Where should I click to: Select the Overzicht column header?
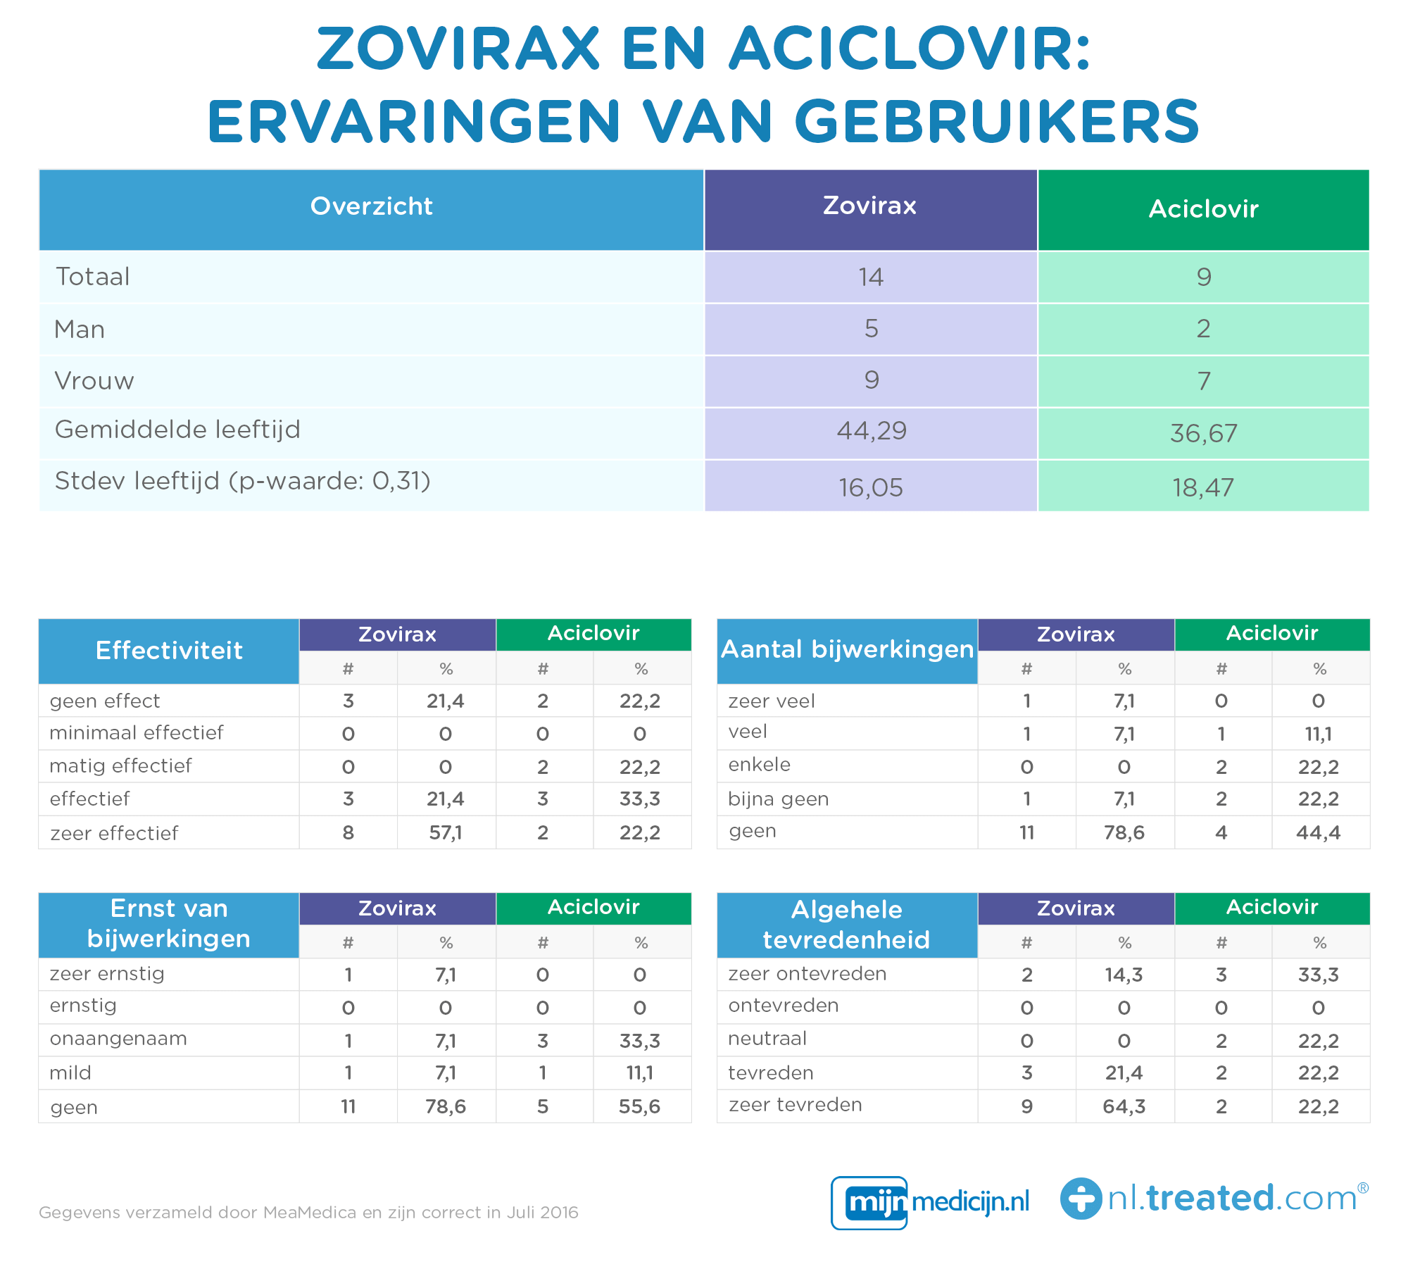pos(371,206)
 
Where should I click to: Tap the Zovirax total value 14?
pos(871,277)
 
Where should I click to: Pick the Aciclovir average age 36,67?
pos(1203,433)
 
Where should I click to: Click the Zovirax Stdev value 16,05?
pos(871,487)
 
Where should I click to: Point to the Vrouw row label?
pos(94,381)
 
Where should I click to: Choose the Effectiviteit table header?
pos(169,651)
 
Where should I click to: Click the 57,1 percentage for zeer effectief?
pos(446,833)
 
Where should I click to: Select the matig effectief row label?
pos(120,765)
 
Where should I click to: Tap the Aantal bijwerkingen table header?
pos(847,649)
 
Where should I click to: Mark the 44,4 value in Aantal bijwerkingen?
pos(1318,833)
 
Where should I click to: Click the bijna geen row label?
pos(778,799)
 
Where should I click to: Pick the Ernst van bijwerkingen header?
pos(169,924)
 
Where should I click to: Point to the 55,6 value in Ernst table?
pos(639,1106)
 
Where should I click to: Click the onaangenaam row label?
pos(118,1039)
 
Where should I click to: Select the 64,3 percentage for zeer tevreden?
pos(1124,1106)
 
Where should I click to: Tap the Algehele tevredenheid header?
pos(847,925)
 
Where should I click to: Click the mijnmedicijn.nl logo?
pos(930,1202)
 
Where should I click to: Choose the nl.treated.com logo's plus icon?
pos(1081,1199)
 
